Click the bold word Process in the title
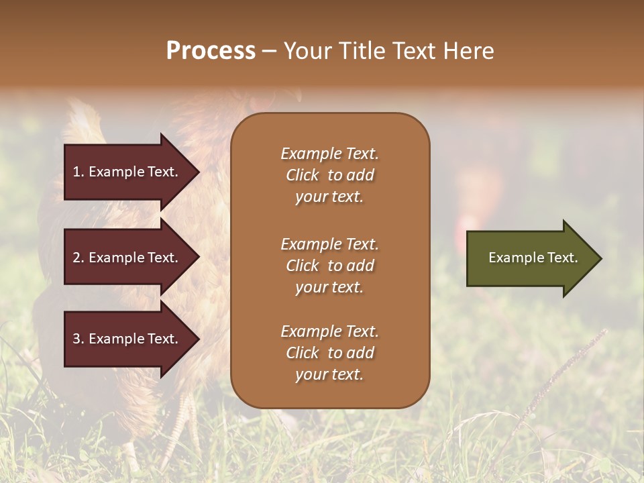[x=211, y=51]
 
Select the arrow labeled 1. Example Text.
[x=127, y=172]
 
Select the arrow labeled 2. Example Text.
[x=127, y=258]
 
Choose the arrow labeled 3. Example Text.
[x=127, y=339]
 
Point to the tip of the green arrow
[x=600, y=258]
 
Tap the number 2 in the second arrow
[x=76, y=258]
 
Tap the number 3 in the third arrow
[x=76, y=339]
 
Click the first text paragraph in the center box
[x=329, y=175]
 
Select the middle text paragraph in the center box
[x=329, y=266]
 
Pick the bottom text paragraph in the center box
[x=329, y=353]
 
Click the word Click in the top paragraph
[x=303, y=175]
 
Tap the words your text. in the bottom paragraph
[x=329, y=375]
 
